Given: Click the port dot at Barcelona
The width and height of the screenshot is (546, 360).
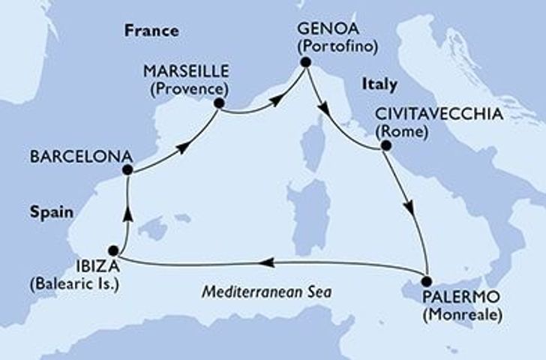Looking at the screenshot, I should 127,170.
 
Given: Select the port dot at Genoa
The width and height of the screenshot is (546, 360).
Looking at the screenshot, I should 305,64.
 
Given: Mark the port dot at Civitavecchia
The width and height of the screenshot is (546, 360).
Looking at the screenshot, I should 385,146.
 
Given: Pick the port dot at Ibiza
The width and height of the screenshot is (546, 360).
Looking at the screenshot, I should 112,250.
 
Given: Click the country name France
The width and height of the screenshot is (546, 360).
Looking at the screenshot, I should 152,31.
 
